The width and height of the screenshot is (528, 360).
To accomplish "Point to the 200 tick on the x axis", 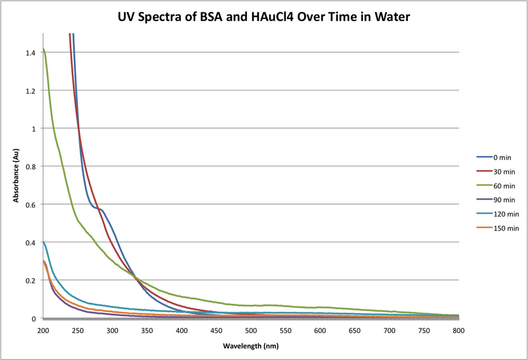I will pyautogui.click(x=44, y=330).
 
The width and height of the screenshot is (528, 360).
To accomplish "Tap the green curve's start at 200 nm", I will pyautogui.click(x=44, y=50).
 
